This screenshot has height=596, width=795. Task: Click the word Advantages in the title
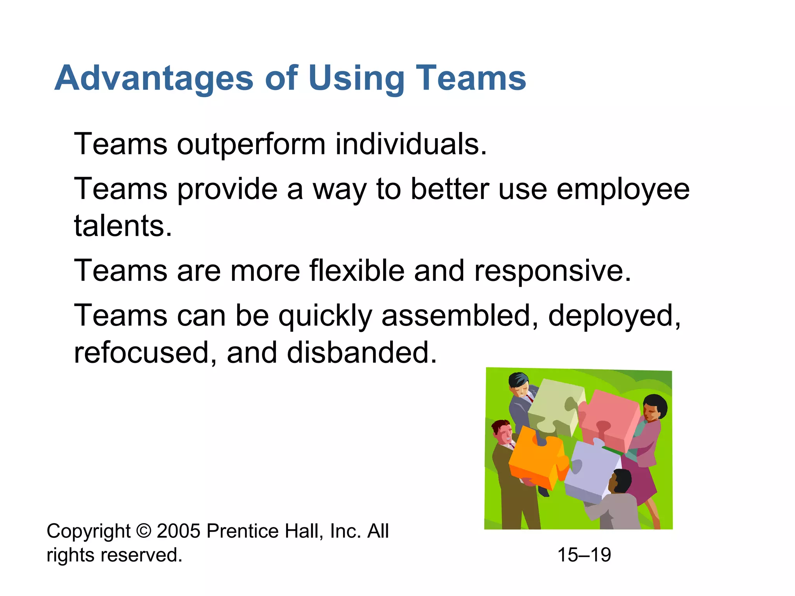coord(154,79)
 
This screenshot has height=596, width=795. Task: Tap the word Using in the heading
coord(356,79)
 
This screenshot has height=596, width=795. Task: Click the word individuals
coord(411,144)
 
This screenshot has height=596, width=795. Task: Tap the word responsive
coord(553,271)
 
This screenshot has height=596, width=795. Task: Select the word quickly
coord(325,316)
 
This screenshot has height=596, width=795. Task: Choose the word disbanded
coord(361,353)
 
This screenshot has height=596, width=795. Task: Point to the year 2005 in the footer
coord(179,531)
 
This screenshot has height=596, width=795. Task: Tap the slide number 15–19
coord(584,555)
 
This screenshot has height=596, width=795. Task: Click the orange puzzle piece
coord(534,458)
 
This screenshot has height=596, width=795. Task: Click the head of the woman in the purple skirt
coord(654,407)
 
